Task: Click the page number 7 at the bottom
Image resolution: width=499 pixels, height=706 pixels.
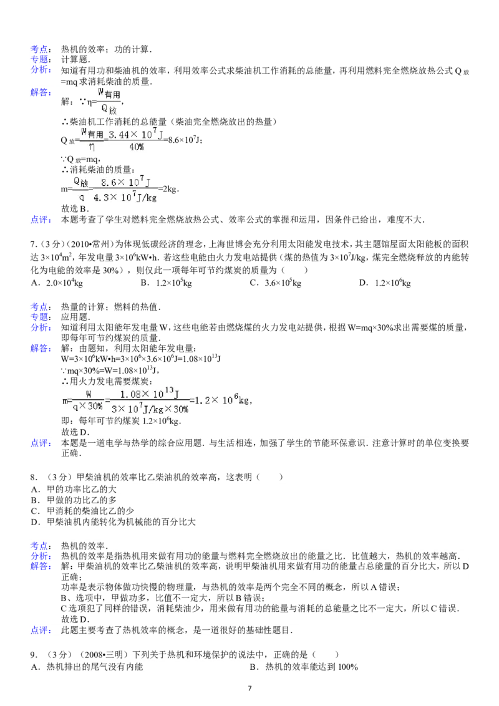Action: [x=249, y=688]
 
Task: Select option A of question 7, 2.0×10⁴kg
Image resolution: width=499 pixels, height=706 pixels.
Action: [x=57, y=283]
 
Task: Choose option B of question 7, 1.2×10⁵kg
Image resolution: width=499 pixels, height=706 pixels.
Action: [x=166, y=283]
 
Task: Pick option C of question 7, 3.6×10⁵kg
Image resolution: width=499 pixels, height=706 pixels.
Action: [x=276, y=283]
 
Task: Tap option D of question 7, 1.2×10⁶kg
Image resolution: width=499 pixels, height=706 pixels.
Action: [x=385, y=283]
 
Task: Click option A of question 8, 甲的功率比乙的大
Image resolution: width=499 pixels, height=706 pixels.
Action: [x=74, y=490]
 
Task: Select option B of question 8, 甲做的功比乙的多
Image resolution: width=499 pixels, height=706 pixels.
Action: [x=74, y=500]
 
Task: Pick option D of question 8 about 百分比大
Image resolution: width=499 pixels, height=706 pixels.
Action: [x=114, y=522]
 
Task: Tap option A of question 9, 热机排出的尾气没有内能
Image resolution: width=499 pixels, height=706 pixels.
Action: [x=87, y=667]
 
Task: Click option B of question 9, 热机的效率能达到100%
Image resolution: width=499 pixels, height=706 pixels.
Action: [x=304, y=667]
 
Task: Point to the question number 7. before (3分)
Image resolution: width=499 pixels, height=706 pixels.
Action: [x=33, y=244]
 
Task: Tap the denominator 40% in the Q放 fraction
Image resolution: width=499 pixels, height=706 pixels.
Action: [x=137, y=147]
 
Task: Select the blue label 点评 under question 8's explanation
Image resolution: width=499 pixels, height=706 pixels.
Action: [x=40, y=631]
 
